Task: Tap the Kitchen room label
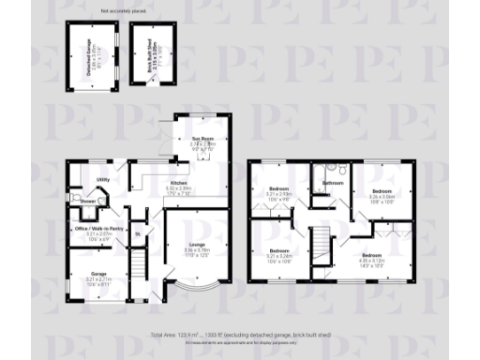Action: [178, 183]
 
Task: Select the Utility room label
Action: [104, 179]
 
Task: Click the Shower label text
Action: [87, 201]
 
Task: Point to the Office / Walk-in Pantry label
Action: [99, 229]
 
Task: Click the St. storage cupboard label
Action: [138, 233]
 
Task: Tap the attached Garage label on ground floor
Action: [98, 275]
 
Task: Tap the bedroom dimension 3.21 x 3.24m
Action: [280, 255]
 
